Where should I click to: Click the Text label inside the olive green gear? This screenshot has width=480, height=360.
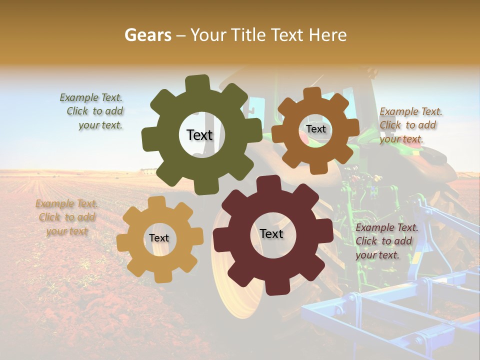tap(199, 135)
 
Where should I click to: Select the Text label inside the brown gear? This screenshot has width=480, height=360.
tap(315, 129)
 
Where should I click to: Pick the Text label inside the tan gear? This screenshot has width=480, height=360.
tap(159, 238)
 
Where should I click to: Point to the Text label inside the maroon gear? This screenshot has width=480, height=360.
tap(271, 233)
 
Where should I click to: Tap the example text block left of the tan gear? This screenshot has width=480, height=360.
tap(66, 217)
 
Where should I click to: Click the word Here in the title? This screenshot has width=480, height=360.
tap(328, 35)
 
